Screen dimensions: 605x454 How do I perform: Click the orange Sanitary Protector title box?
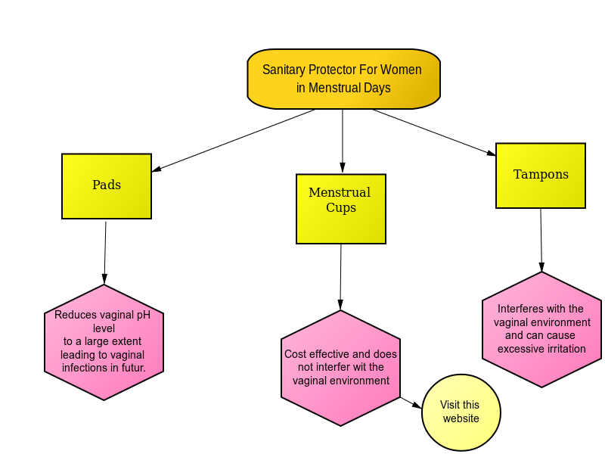[343, 79]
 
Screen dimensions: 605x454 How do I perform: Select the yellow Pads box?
[107, 186]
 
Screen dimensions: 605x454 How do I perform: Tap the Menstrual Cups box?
[341, 209]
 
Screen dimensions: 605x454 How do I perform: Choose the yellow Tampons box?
[541, 176]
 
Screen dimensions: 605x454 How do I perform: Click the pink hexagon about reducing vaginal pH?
[104, 343]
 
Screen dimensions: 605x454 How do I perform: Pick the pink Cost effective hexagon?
[341, 368]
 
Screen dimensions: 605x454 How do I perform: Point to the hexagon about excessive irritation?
[541, 330]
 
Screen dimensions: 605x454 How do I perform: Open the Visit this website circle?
[461, 412]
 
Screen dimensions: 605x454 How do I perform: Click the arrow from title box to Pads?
[234, 141]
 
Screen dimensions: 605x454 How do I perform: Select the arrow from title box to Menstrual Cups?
[343, 141]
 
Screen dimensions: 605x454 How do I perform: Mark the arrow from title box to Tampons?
[434, 133]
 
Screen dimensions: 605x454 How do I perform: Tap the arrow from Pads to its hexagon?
[105, 253]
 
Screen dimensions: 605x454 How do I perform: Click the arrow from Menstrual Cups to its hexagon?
[341, 277]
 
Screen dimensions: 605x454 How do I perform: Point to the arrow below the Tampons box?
[541, 240]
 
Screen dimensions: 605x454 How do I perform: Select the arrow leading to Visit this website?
[411, 403]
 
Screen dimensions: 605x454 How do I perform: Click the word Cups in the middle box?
[341, 208]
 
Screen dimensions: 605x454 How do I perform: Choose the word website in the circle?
[461, 418]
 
